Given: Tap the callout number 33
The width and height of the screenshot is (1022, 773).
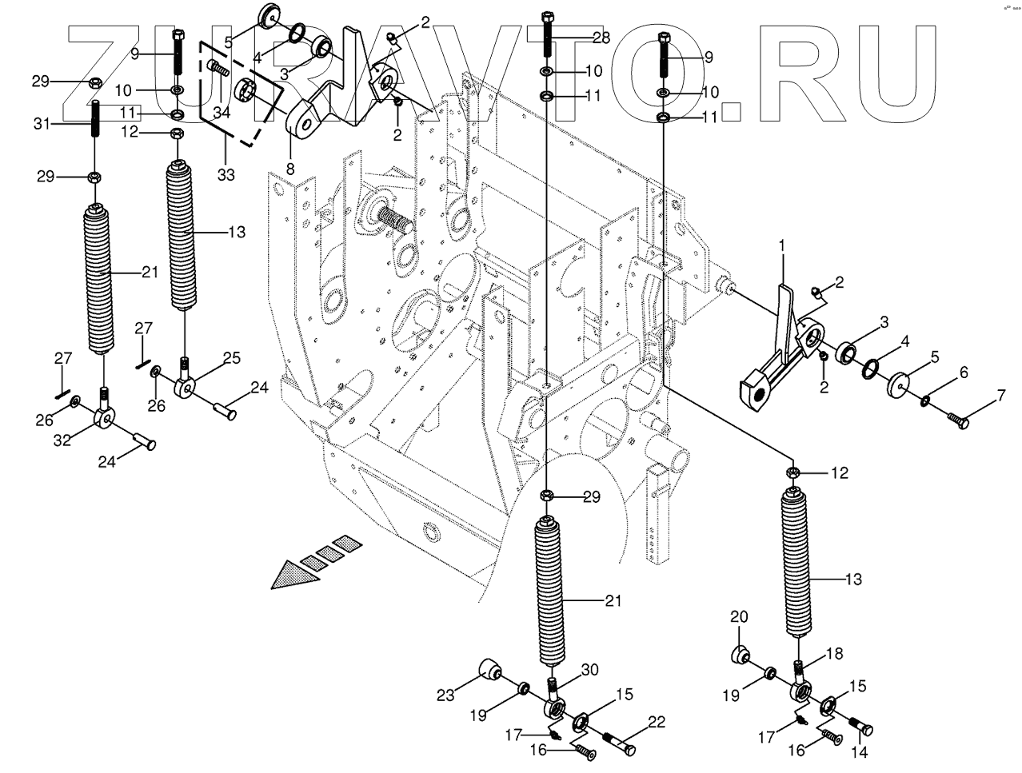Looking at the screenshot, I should pos(226,174).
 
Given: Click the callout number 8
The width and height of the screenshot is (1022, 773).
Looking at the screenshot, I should pos(289,169).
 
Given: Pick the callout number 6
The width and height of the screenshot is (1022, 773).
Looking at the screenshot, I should pos(963,373).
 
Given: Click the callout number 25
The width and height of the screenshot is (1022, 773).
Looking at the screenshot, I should pos(230,359).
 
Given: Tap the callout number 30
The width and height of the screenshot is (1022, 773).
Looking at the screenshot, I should pos(589,669).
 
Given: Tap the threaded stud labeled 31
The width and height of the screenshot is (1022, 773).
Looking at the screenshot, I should pos(95,120).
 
